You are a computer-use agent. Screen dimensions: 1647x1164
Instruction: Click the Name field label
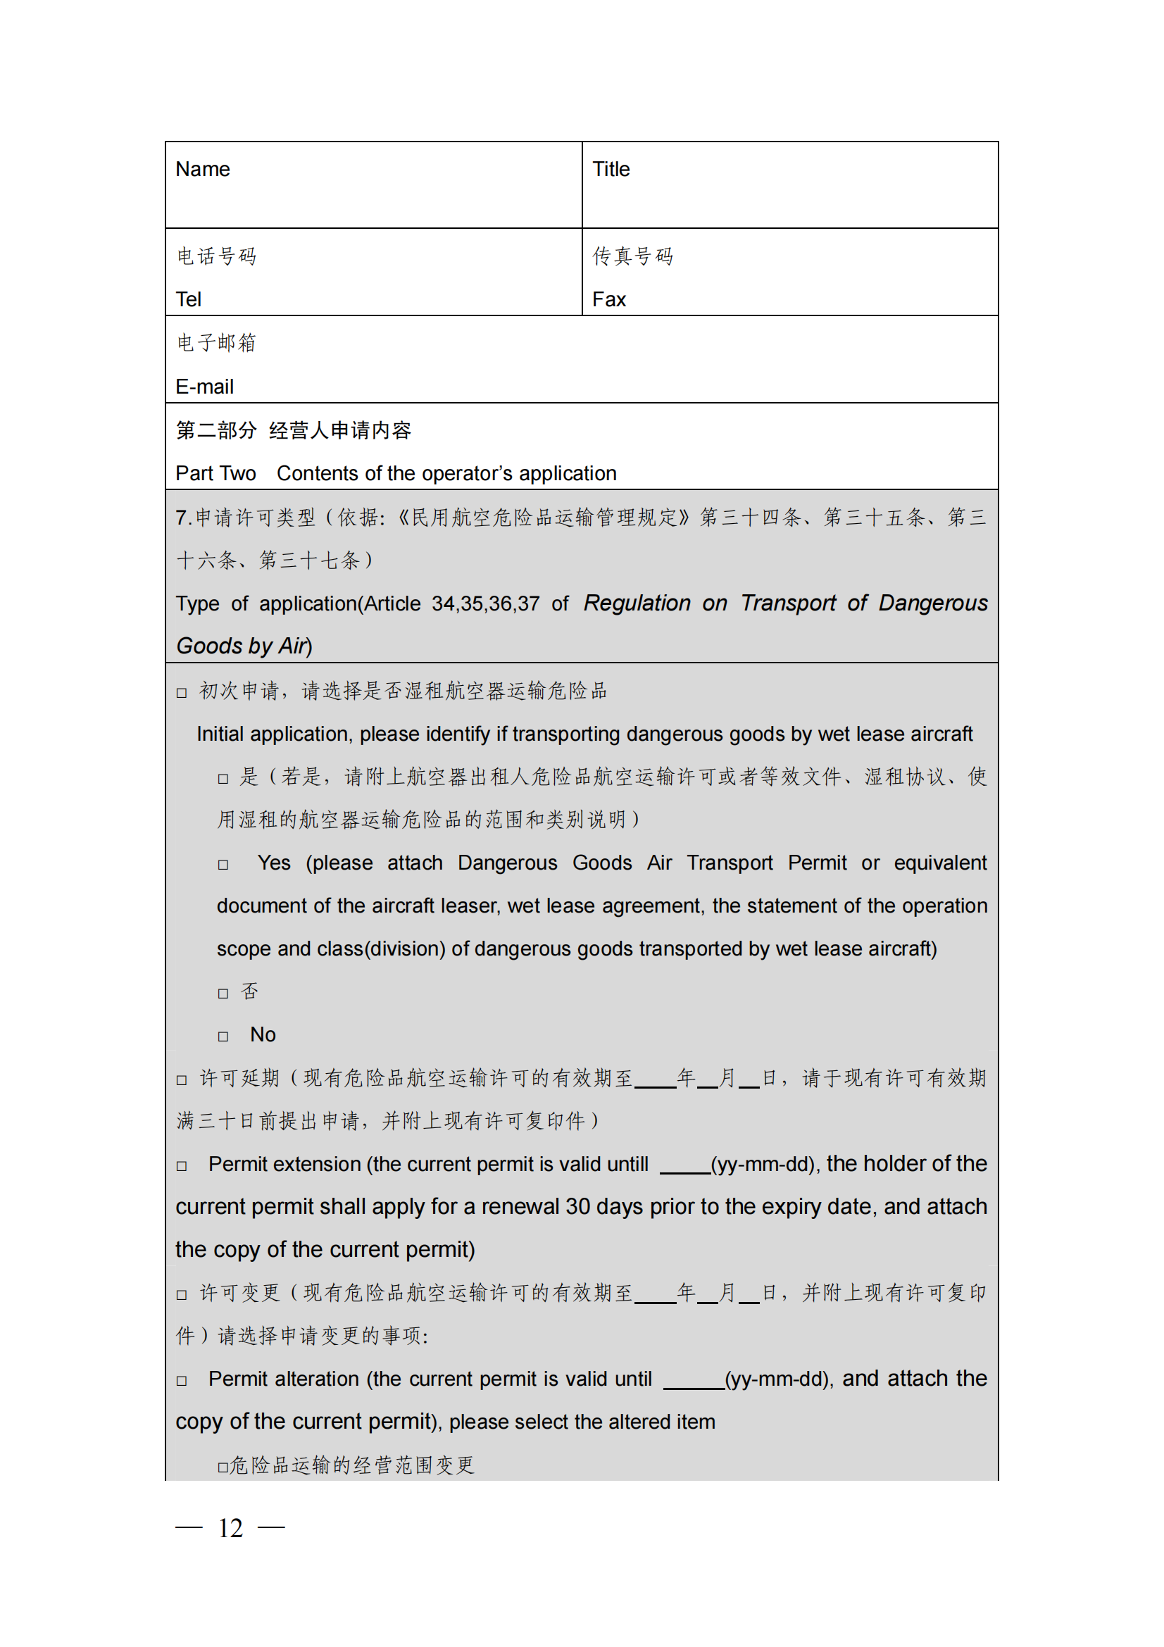pos(202,169)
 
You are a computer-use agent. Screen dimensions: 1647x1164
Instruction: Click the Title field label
pos(611,169)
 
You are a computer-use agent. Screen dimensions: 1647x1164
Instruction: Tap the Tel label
pos(189,299)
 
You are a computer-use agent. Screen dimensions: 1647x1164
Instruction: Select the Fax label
pos(609,299)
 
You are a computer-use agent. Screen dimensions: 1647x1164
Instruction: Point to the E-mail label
pos(204,387)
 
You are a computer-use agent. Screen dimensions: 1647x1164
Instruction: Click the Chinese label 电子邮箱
pos(217,343)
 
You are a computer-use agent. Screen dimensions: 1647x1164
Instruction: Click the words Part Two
pos(215,473)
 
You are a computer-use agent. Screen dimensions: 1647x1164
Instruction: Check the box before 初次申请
pos(182,693)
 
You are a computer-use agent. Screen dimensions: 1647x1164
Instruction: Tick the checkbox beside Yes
pos(223,865)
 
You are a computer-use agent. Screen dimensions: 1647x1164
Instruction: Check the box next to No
pos(223,1037)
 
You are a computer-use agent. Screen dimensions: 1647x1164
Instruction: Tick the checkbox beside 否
pos(223,994)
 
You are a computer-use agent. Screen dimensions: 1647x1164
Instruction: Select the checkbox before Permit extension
pos(182,1166)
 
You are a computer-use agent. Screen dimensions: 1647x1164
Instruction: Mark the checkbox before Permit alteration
pos(182,1381)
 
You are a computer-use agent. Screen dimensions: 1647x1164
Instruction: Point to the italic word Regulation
pos(636,603)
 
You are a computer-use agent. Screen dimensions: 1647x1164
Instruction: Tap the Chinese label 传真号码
pos(632,256)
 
